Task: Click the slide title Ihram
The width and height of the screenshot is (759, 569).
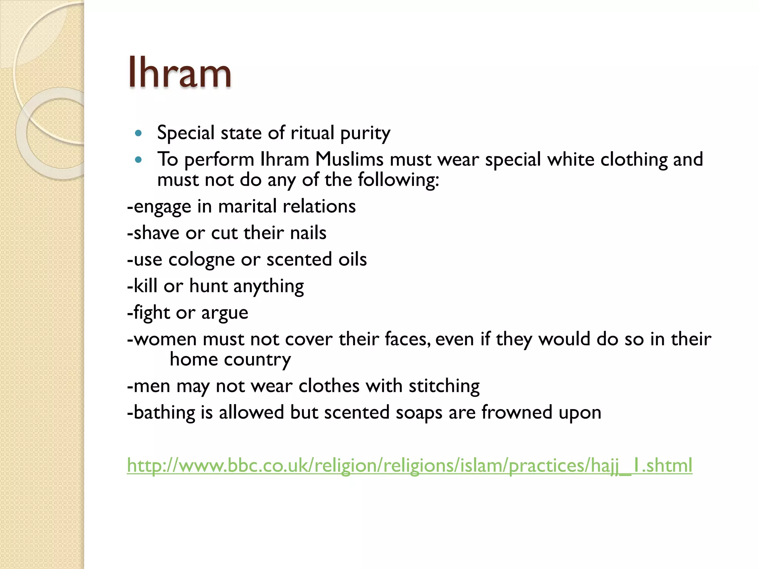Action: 180,72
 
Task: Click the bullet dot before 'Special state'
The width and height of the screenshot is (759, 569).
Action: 139,133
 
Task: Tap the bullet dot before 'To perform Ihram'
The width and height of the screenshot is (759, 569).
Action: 139,160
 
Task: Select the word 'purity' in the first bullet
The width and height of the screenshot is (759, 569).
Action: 365,133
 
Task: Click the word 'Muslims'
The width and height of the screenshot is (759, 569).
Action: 349,160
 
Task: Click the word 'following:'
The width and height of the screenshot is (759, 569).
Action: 398,180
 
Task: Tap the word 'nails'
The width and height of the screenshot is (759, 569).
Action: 308,233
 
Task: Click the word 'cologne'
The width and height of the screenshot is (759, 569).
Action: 201,260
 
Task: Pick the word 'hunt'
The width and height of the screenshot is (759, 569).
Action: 208,286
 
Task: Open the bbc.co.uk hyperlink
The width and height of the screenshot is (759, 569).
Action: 409,466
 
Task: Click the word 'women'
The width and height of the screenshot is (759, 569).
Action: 165,339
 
